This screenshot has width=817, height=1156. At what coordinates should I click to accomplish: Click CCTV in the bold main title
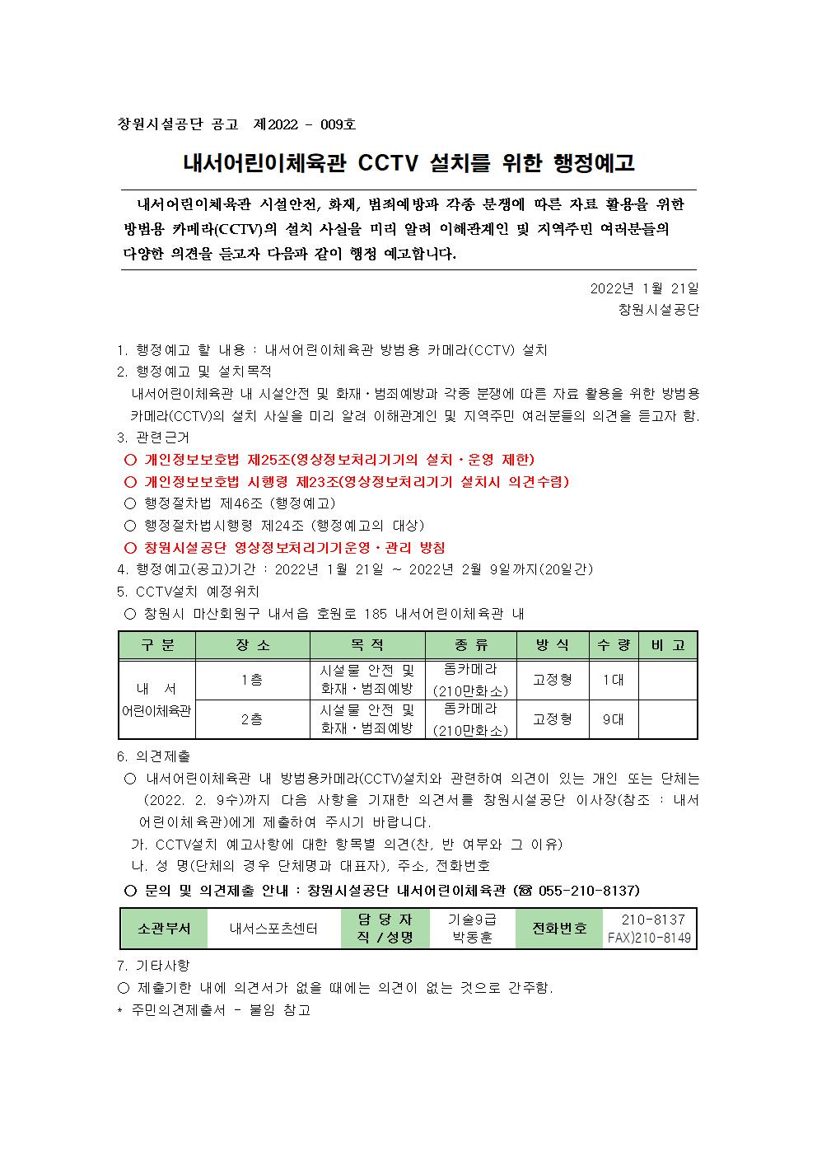click(390, 163)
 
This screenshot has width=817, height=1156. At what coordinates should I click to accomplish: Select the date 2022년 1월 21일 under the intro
click(644, 288)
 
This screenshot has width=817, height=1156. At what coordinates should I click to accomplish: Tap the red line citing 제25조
click(338, 460)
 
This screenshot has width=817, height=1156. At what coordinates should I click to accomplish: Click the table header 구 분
click(157, 645)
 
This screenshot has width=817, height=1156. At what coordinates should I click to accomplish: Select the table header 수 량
click(614, 645)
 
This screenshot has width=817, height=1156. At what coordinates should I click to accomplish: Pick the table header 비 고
click(668, 645)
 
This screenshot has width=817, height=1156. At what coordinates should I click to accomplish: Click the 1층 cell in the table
click(252, 680)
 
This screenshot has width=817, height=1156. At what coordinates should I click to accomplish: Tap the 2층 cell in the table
click(252, 719)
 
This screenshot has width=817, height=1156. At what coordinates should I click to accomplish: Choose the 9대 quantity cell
click(613, 719)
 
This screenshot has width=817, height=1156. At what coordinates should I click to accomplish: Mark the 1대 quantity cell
click(613, 680)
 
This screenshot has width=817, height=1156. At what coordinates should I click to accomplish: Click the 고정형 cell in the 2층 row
click(553, 719)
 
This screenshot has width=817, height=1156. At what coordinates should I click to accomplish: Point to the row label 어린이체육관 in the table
click(156, 710)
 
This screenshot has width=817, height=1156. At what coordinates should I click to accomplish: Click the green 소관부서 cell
click(164, 929)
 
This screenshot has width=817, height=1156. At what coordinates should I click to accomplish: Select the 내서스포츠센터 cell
click(273, 929)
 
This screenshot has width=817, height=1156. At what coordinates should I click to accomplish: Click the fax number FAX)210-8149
click(650, 938)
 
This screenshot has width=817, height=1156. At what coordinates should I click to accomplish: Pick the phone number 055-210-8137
click(588, 891)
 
